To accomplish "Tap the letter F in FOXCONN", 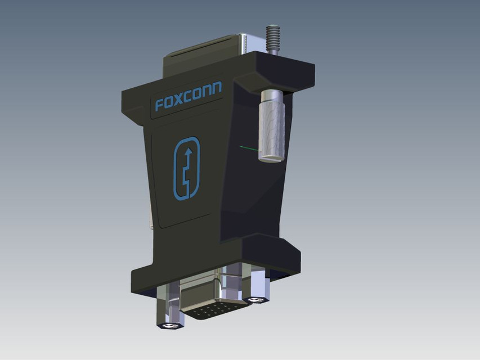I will [159, 105].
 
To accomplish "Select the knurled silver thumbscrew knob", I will [272, 129].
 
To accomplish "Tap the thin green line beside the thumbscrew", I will [248, 148].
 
